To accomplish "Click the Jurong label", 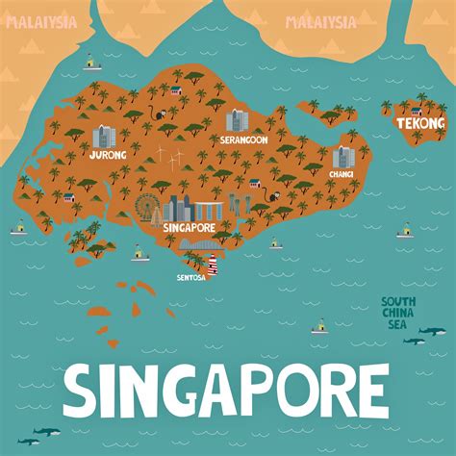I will [106, 154].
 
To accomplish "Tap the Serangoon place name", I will [243, 139].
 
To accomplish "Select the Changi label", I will [342, 174].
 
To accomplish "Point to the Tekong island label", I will [420, 123].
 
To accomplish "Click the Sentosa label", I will [191, 277].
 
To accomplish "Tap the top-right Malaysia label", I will [320, 22].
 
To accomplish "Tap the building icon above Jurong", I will [103, 136].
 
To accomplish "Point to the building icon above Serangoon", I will [237, 121].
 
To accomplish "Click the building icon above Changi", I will [342, 157].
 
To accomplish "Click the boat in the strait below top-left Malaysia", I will [91, 63].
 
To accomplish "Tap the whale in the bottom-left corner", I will [29, 441].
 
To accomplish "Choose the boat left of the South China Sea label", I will [319, 327].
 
